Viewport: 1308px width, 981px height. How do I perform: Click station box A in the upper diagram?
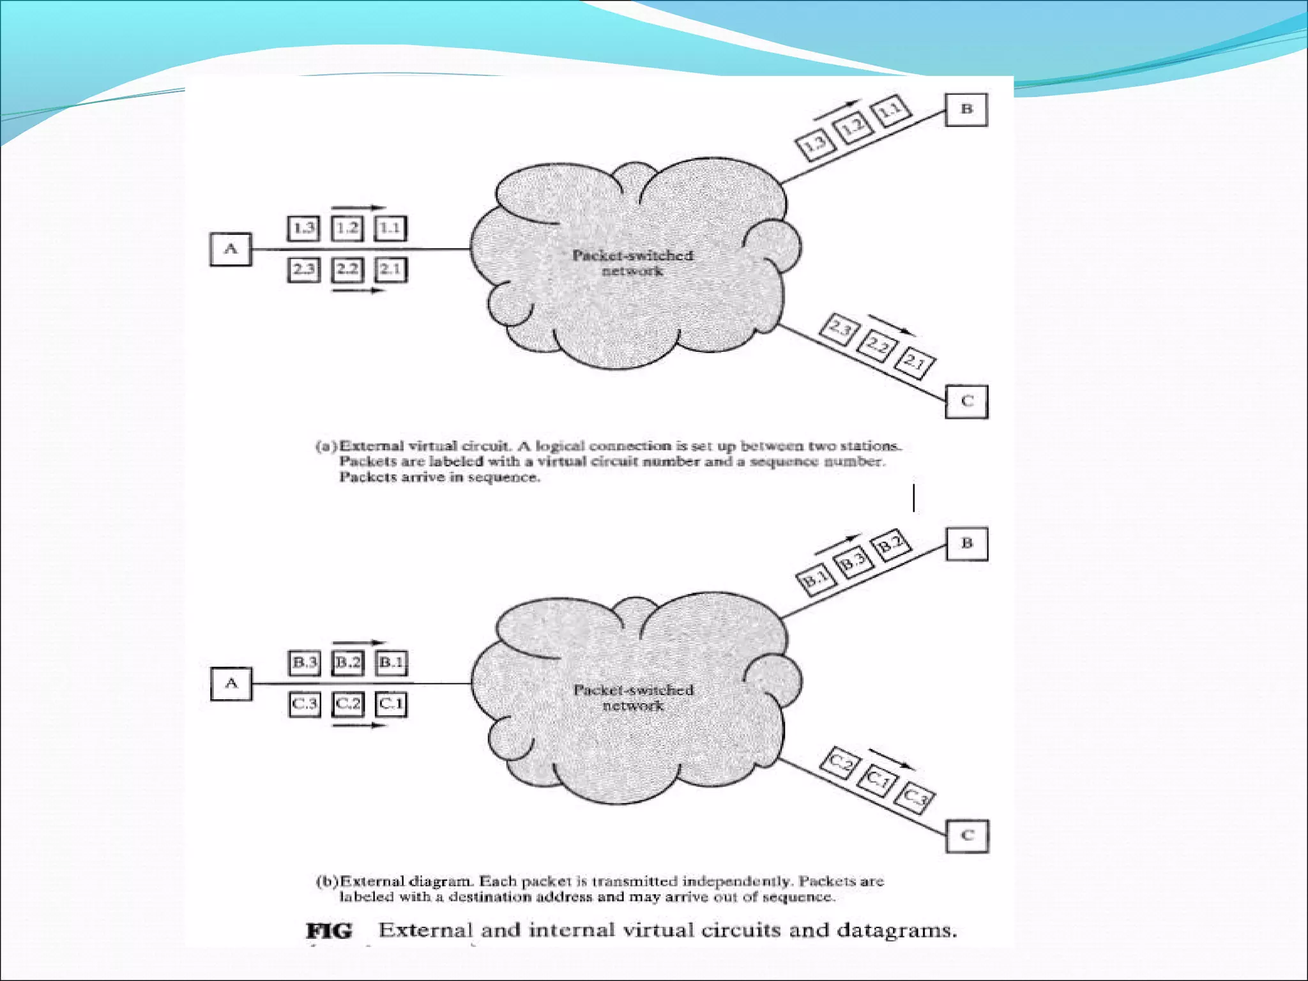click(231, 249)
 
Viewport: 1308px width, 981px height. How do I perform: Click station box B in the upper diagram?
click(966, 109)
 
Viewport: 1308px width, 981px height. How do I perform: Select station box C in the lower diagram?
click(967, 835)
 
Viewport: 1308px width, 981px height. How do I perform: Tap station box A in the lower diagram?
click(231, 683)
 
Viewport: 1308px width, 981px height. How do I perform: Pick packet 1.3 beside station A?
click(303, 228)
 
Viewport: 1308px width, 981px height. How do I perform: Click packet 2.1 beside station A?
click(390, 269)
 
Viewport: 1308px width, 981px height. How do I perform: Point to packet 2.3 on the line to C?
click(840, 330)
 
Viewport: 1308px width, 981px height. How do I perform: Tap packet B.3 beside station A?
click(304, 662)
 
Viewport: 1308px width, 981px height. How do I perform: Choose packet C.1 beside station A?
click(390, 704)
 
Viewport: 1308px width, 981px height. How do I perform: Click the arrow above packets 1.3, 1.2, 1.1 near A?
click(359, 208)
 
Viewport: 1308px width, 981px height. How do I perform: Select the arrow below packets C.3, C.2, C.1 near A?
click(360, 726)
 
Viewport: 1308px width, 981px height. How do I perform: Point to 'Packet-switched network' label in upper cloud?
click(632, 262)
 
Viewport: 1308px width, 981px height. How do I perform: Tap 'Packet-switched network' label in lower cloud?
click(633, 697)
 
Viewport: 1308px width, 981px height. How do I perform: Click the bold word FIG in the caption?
click(329, 931)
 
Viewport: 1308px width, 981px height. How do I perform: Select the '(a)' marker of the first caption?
click(326, 446)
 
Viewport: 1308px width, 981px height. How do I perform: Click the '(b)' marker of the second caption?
click(327, 881)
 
